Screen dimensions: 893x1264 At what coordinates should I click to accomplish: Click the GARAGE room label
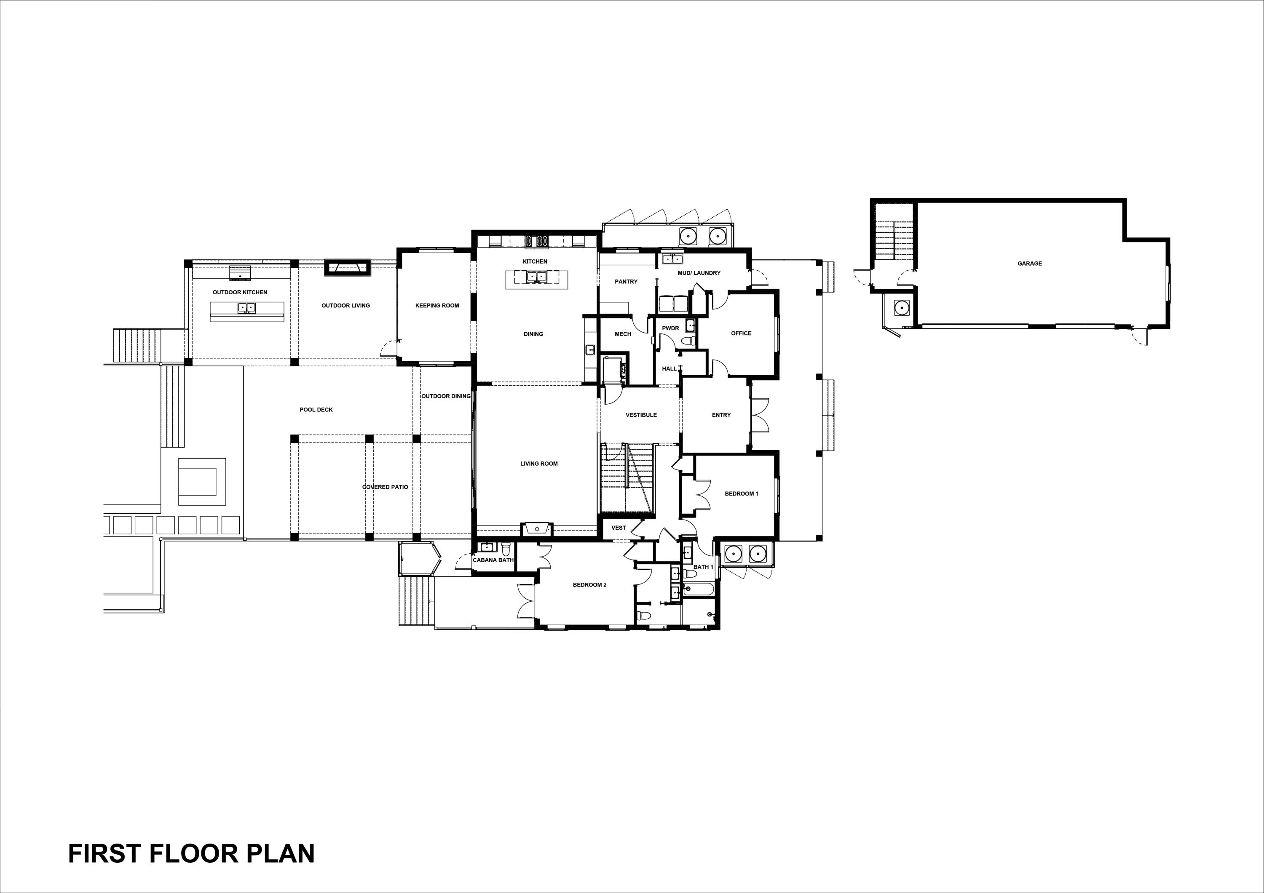click(x=1029, y=264)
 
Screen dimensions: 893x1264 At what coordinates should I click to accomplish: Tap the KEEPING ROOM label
click(x=437, y=305)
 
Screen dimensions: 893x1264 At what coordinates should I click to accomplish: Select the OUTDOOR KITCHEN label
click(x=240, y=292)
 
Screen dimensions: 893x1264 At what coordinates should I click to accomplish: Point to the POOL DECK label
click(x=316, y=409)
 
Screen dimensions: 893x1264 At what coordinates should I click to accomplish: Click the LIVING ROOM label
click(x=539, y=463)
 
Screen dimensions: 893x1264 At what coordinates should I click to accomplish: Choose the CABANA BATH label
click(x=493, y=560)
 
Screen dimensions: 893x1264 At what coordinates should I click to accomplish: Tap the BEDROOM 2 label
click(x=589, y=585)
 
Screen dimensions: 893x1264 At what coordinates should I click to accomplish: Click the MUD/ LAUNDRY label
click(x=699, y=273)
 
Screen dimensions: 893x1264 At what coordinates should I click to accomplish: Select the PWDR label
click(x=670, y=328)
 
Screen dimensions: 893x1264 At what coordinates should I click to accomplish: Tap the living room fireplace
click(x=536, y=529)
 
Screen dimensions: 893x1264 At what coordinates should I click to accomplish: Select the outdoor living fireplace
click(x=347, y=267)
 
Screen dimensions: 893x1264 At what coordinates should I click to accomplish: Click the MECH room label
click(x=623, y=334)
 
